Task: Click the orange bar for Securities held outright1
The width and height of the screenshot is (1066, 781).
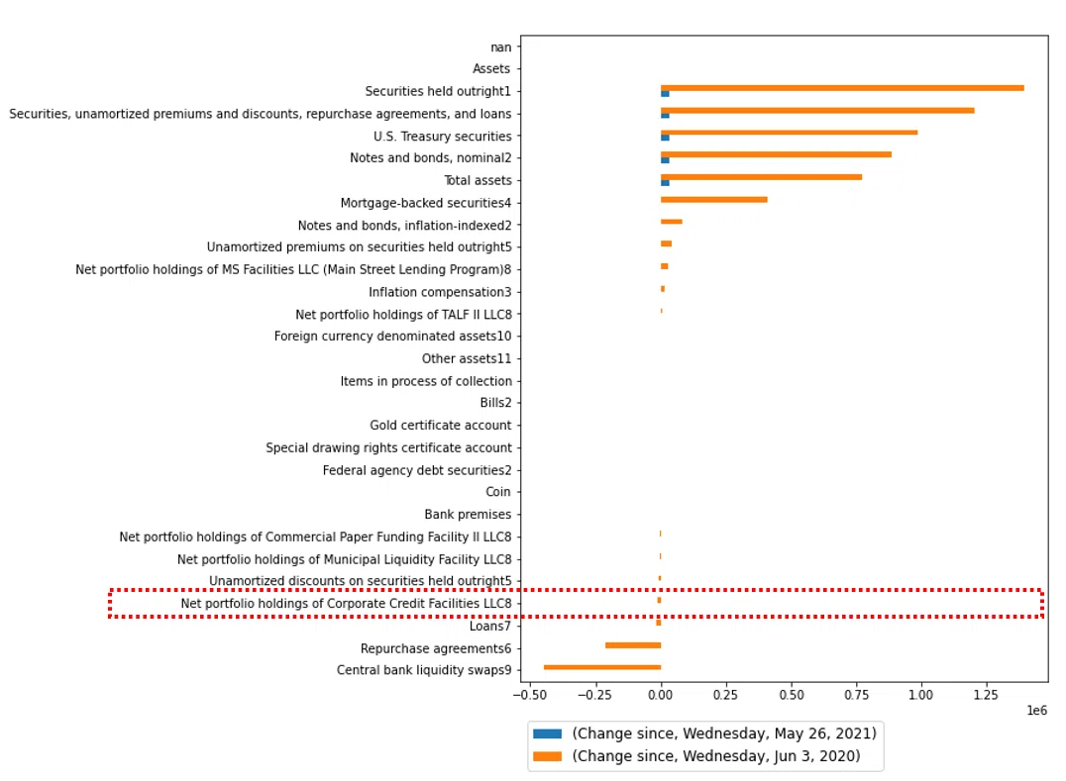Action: tap(842, 88)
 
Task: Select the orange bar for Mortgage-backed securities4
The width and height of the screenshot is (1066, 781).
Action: tap(714, 200)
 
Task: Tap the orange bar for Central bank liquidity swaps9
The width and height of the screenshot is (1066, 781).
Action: tap(602, 667)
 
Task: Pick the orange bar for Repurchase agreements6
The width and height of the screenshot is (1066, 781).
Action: tap(633, 645)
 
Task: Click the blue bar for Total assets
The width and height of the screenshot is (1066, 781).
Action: tap(665, 183)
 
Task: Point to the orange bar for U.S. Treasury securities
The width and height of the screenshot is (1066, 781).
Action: tap(790, 133)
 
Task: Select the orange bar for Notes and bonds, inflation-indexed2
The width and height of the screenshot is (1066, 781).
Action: tap(672, 222)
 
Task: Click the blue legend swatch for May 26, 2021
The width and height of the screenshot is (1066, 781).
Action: tap(547, 733)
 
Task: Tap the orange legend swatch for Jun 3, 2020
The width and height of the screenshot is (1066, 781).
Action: tap(547, 756)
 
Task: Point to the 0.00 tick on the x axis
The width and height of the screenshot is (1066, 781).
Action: tap(661, 685)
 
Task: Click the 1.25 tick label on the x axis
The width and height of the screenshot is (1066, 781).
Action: tap(986, 695)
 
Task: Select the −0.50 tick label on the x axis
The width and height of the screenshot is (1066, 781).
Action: tap(529, 695)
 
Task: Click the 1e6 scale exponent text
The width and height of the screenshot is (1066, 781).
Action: tap(1036, 711)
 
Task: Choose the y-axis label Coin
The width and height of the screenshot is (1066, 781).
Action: tap(497, 492)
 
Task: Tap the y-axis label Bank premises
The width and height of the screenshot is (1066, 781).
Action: tap(468, 514)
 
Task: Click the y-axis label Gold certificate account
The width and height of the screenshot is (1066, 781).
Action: tap(441, 425)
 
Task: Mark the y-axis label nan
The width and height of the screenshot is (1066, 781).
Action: tap(501, 48)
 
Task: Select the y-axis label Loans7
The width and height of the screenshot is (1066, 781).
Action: tap(490, 626)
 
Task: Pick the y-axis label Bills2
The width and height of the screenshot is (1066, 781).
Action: tap(495, 403)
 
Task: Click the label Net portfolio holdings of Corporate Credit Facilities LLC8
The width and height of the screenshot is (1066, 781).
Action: tap(346, 603)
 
